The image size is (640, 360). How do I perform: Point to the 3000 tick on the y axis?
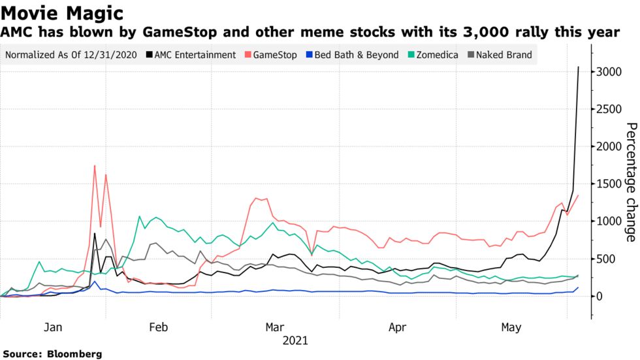[610, 72]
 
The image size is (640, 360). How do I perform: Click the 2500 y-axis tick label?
[610, 109]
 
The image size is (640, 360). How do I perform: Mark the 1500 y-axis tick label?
[610, 184]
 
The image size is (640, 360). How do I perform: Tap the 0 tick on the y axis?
[601, 297]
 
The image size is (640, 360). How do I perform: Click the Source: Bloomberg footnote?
[52, 354]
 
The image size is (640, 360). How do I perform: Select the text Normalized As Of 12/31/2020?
[71, 55]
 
